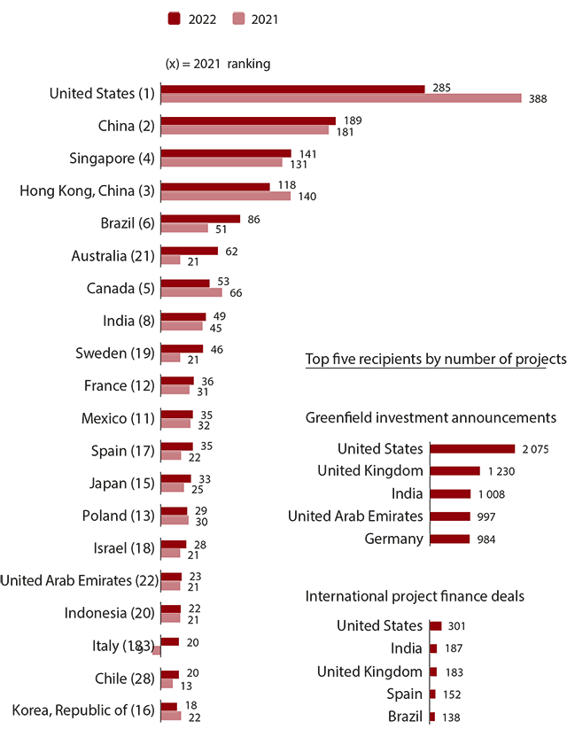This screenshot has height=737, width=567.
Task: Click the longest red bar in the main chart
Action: click(292, 89)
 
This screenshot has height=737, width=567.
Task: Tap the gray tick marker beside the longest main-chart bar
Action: click(158, 89)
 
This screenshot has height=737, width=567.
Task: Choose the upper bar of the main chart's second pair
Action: click(248, 120)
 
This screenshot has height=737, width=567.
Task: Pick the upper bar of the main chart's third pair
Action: click(227, 152)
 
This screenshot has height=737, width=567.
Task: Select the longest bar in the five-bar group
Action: click(472, 448)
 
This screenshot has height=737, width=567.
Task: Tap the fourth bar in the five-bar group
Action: click(450, 516)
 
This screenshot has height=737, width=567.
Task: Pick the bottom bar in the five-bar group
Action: click(450, 539)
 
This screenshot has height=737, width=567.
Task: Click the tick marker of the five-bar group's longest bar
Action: click(428, 448)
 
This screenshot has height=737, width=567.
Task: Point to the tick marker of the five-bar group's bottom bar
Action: click(428, 539)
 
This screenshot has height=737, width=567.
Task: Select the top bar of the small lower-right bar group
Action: click(435, 626)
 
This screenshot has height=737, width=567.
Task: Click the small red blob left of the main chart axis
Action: click(153, 656)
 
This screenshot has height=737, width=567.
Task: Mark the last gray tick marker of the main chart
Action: click(159, 706)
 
